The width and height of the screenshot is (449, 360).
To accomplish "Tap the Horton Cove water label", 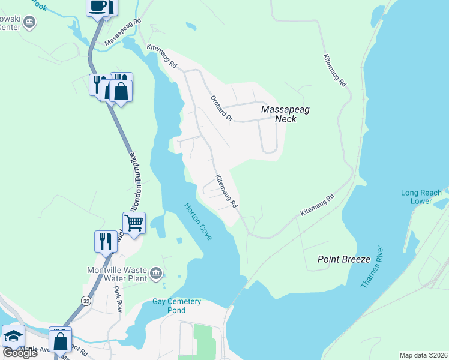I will click(x=198, y=221).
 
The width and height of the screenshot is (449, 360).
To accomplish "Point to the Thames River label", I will click(x=372, y=266).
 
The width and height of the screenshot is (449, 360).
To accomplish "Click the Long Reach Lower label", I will click(x=421, y=197).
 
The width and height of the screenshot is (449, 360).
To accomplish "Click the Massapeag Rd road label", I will click(x=123, y=32).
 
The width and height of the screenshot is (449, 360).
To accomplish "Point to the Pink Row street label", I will click(x=118, y=298).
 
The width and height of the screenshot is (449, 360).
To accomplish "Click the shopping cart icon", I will click(x=134, y=223).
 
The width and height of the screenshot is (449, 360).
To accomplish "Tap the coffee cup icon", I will click(x=98, y=7).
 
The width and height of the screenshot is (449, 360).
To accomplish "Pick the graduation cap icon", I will click(x=13, y=336).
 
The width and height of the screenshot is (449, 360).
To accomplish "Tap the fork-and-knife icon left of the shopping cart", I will click(x=105, y=241).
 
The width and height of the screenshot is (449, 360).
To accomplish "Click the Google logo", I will click(x=20, y=353).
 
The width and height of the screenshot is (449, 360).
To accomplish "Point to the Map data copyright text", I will click(x=423, y=355).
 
